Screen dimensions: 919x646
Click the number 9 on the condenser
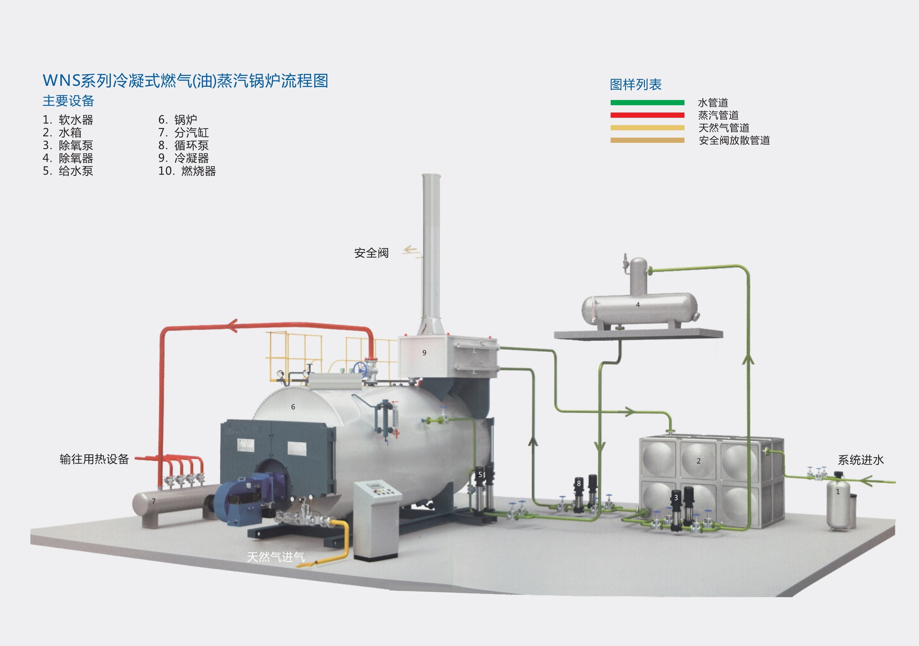point(424,353)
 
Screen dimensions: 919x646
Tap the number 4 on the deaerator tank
point(638,305)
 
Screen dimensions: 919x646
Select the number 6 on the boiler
point(293,407)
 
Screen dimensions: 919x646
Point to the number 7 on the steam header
point(154,501)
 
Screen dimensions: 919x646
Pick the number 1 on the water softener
point(838,492)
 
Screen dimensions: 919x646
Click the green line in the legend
point(647,103)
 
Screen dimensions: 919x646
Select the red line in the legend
point(647,115)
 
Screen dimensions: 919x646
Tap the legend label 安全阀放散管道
point(734,141)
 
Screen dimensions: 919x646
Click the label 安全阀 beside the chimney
point(371,253)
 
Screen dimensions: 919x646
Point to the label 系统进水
point(861,460)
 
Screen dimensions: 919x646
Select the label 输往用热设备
point(94,459)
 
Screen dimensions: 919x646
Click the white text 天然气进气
point(276,557)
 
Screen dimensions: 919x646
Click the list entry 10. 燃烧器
point(187,171)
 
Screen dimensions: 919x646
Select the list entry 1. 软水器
point(68,120)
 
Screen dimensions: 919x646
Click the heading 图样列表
point(636,84)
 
